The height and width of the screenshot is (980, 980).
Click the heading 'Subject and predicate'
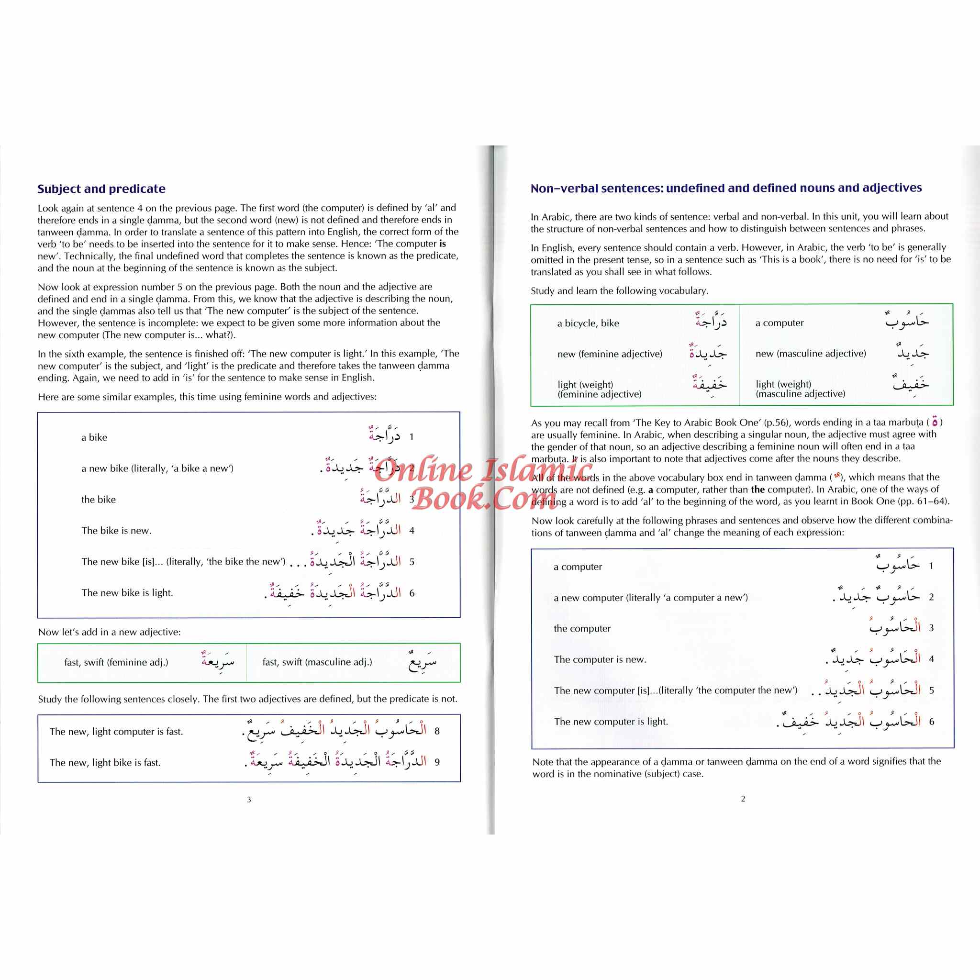(101, 189)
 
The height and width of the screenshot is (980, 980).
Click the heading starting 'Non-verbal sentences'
(726, 188)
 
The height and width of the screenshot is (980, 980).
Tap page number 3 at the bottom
(249, 800)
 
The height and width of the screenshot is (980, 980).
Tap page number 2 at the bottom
(743, 799)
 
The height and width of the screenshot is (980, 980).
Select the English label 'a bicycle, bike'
(588, 323)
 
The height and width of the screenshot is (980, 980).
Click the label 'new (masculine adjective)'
(811, 354)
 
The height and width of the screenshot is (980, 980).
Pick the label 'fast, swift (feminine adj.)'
(116, 662)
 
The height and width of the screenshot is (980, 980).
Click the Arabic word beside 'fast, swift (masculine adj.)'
(423, 661)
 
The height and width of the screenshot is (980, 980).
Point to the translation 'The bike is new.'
(117, 531)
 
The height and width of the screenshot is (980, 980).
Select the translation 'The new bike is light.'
(127, 592)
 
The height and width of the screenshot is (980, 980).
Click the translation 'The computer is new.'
(600, 659)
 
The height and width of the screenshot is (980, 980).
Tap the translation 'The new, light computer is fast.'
(116, 732)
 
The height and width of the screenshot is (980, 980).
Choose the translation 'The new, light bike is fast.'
(105, 762)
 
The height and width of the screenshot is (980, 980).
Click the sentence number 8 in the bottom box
(437, 731)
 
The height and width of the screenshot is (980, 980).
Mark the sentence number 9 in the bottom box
(437, 762)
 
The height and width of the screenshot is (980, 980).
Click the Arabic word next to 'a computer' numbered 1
(898, 565)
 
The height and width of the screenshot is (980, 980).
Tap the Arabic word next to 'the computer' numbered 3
(895, 627)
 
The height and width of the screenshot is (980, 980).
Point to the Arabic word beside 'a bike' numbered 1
(385, 435)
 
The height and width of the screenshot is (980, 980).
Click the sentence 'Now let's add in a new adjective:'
(110, 632)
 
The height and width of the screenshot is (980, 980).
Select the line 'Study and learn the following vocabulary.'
(619, 290)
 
